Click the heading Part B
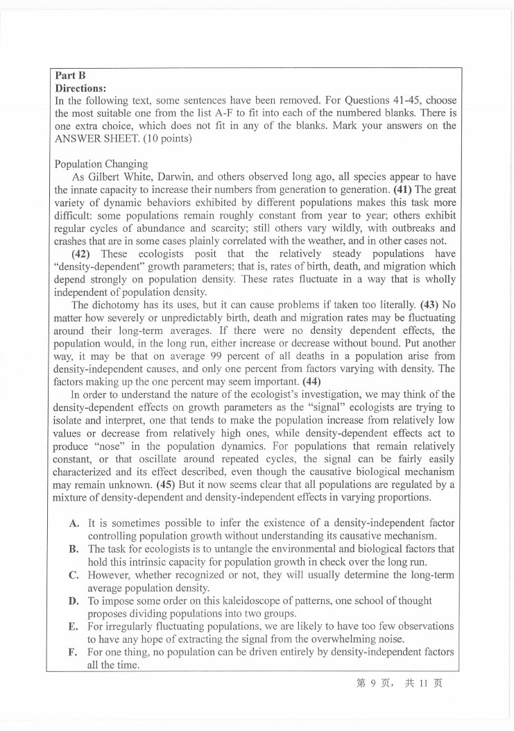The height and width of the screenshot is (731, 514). (x=67, y=76)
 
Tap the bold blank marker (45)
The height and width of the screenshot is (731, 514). (x=167, y=484)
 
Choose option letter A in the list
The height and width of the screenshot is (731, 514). (x=74, y=523)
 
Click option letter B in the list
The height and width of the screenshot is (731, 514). (x=74, y=549)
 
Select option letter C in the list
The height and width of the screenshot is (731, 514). (x=74, y=575)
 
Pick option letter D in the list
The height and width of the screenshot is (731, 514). (x=74, y=600)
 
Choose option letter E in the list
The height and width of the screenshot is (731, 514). (x=74, y=627)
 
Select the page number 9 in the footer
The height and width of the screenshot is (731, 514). (x=373, y=683)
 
